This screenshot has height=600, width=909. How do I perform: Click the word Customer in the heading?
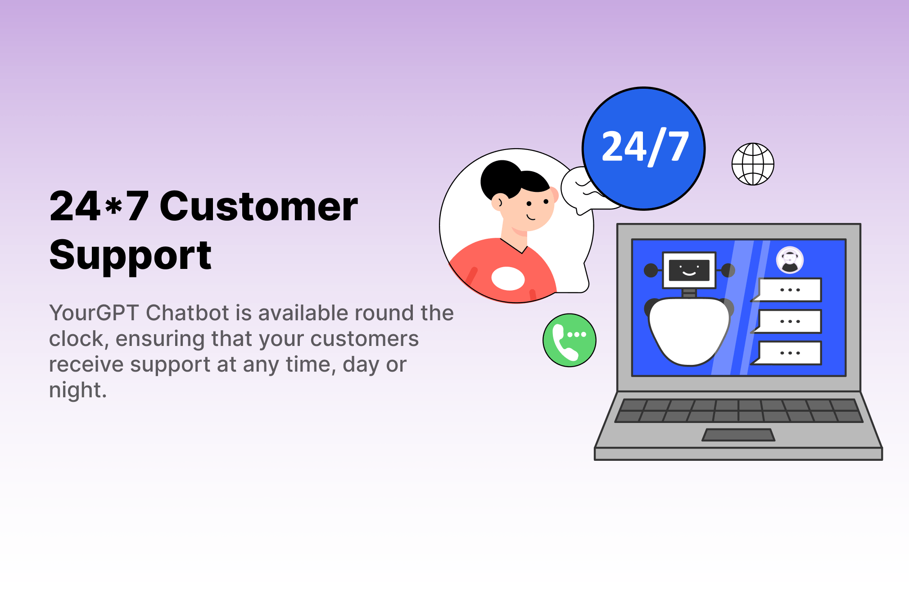click(x=258, y=206)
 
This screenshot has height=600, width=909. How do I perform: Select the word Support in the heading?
click(x=130, y=255)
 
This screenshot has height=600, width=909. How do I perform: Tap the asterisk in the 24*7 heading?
click(x=113, y=206)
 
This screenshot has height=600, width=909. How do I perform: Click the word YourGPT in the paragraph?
click(x=94, y=313)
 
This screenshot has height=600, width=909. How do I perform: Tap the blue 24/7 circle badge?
click(x=644, y=148)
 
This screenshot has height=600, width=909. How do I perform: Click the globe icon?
click(x=753, y=164)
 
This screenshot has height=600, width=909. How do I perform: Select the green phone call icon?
click(x=570, y=340)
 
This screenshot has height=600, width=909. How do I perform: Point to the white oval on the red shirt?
click(x=508, y=278)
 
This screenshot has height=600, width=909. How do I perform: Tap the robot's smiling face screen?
click(x=689, y=270)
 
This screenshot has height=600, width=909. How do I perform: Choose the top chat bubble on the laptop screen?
click(x=790, y=290)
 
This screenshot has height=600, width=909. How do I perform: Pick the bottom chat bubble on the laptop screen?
click(x=790, y=353)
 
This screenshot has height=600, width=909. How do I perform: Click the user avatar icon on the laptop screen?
click(x=790, y=260)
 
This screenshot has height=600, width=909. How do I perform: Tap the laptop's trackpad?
click(x=738, y=435)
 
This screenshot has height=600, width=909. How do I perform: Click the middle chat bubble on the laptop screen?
click(x=790, y=321)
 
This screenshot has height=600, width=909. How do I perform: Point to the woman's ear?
click(x=497, y=203)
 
